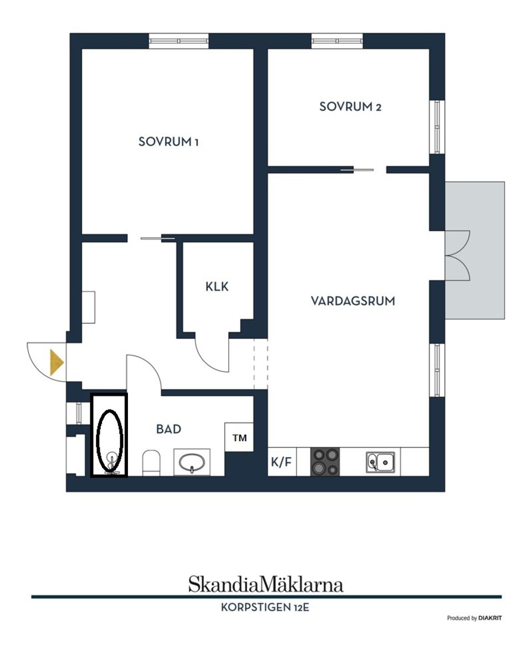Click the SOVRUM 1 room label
(168, 142)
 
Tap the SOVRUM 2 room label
(350, 106)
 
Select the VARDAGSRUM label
(352, 301)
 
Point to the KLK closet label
(217, 287)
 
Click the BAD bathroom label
(168, 429)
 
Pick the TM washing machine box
(239, 438)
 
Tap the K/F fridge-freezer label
(282, 462)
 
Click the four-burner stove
(325, 462)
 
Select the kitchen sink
(381, 462)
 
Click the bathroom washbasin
(192, 462)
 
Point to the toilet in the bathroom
(151, 462)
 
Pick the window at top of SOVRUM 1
(178, 41)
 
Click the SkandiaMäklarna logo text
(265, 584)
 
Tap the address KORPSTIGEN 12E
(265, 607)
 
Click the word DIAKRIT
(490, 618)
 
